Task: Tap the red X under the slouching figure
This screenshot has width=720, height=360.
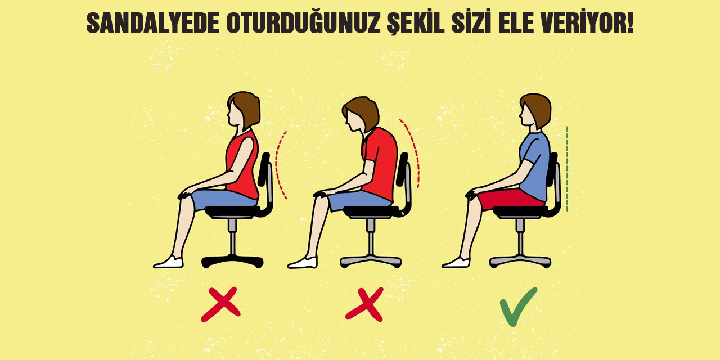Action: [x=364, y=304]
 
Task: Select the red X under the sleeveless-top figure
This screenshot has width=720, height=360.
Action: [x=220, y=304]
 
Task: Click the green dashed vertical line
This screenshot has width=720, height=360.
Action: [x=568, y=169]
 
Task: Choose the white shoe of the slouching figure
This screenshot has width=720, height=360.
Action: [x=303, y=263]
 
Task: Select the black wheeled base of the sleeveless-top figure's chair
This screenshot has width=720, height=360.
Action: [x=232, y=261]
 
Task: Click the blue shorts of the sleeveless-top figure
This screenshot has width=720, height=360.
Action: [x=223, y=199]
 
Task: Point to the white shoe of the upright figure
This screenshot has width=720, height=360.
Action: [x=456, y=263]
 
